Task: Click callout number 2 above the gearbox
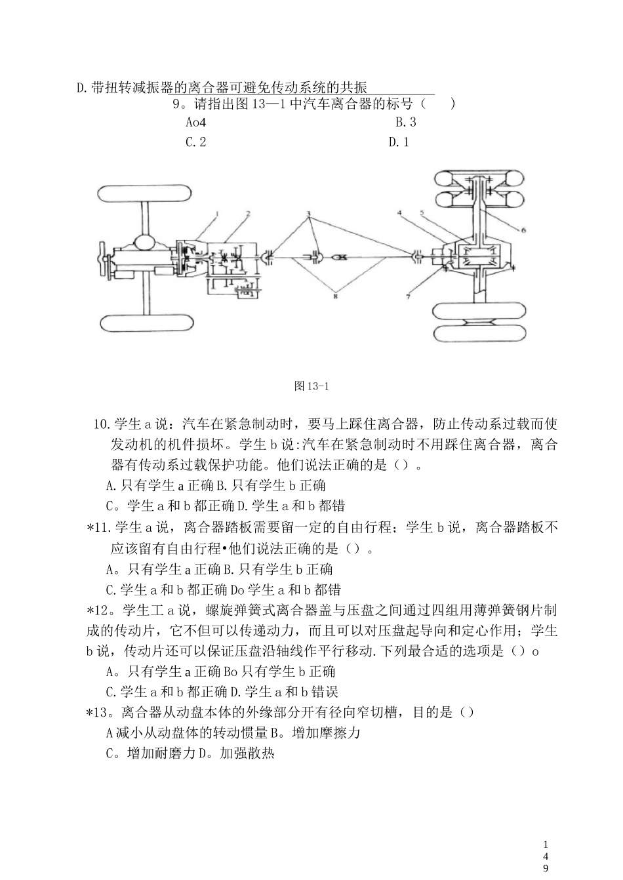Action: [248, 214]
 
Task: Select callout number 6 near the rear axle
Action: [523, 230]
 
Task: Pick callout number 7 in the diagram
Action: [408, 296]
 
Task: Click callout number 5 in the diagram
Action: [422, 213]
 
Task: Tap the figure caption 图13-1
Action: [311, 386]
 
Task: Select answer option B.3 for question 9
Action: [405, 122]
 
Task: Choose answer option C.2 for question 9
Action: [195, 142]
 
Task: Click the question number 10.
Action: [102, 424]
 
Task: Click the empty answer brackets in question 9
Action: [437, 104]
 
